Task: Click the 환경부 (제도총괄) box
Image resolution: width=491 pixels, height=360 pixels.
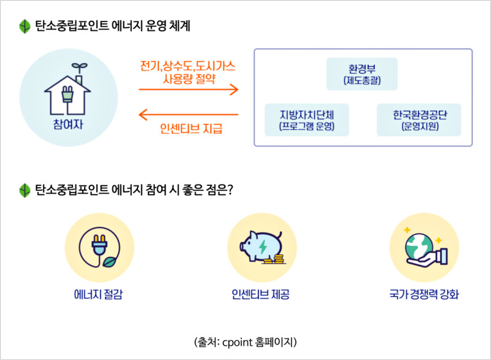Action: pyautogui.click(x=362, y=74)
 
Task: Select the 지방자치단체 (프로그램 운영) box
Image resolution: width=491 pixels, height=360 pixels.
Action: pyautogui.click(x=306, y=120)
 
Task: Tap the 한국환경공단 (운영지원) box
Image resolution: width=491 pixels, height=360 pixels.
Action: pyautogui.click(x=419, y=120)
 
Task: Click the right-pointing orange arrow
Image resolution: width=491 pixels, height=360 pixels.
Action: pyautogui.click(x=188, y=90)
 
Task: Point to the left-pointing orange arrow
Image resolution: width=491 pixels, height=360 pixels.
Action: pyautogui.click(x=188, y=115)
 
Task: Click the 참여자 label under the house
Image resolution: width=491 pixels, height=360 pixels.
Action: pyautogui.click(x=68, y=124)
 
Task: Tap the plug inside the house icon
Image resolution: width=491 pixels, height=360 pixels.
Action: pyautogui.click(x=68, y=94)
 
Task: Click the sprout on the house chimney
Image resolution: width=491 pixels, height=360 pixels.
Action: pyautogui.click(x=79, y=67)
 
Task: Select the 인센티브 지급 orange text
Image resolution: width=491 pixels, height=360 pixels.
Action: pyautogui.click(x=191, y=128)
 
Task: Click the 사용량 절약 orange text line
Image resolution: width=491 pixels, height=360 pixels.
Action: pyautogui.click(x=189, y=79)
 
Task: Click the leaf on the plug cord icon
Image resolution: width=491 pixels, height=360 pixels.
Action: pyautogui.click(x=109, y=262)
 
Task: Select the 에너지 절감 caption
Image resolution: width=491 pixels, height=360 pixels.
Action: pyautogui.click(x=98, y=294)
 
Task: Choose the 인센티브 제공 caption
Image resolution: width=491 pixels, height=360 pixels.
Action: pyautogui.click(x=260, y=294)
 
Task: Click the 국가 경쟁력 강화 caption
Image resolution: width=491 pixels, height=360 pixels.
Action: pyautogui.click(x=424, y=294)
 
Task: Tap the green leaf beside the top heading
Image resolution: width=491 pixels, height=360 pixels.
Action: pyautogui.click(x=25, y=26)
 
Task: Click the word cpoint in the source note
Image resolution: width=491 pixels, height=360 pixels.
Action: pyautogui.click(x=238, y=343)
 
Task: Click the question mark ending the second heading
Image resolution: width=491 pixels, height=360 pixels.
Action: pyautogui.click(x=230, y=190)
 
